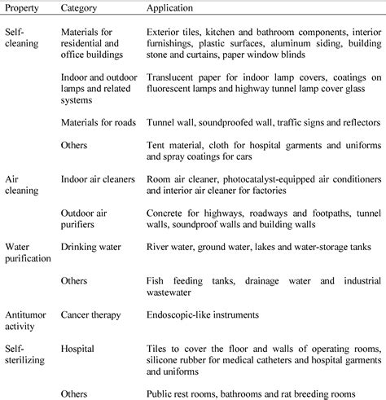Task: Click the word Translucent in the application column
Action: (x=170, y=76)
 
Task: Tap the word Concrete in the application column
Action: (x=165, y=211)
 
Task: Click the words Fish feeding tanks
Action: (x=191, y=280)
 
